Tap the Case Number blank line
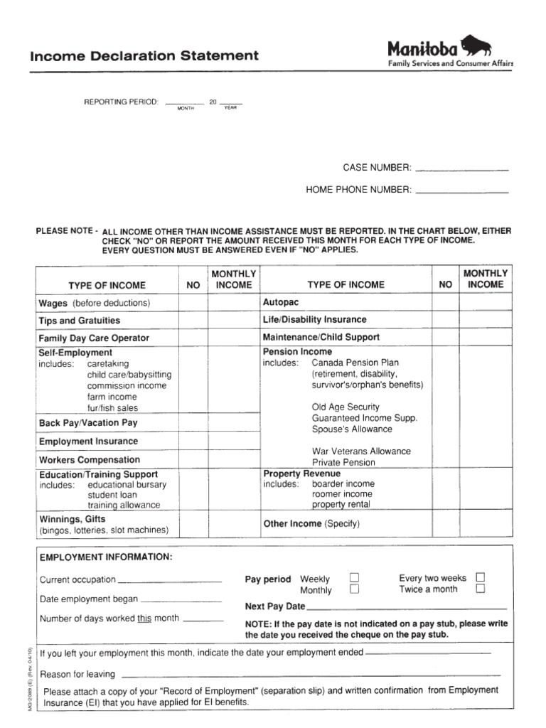[461, 170]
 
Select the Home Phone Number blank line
[461, 192]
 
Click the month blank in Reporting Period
[184, 104]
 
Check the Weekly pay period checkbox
[354, 578]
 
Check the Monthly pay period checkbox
[354, 589]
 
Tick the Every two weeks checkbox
[481, 577]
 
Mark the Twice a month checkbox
[481, 589]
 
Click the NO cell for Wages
[193, 303]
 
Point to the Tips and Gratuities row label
[79, 321]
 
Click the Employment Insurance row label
[88, 441]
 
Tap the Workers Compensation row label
[89, 460]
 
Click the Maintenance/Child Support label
[321, 337]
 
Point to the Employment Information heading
[105, 557]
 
